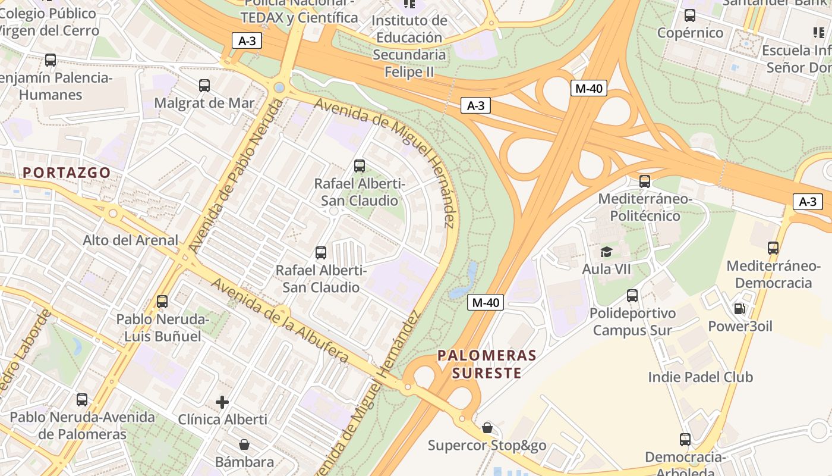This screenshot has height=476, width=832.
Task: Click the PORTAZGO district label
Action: click(x=67, y=173)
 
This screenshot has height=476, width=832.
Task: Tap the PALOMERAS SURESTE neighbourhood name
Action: click(x=487, y=364)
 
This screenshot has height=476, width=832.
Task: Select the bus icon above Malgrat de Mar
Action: click(x=204, y=85)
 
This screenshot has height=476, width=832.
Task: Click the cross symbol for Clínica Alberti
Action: click(x=222, y=402)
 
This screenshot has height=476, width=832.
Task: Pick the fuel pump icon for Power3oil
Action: click(x=740, y=309)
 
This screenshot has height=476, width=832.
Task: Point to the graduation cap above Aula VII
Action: click(x=606, y=252)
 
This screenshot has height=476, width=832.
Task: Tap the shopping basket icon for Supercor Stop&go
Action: click(x=487, y=428)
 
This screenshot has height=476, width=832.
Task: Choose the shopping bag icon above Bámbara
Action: click(x=244, y=444)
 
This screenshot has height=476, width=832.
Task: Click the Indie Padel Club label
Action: click(x=700, y=377)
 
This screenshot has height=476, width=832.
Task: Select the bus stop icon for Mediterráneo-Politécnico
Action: click(x=645, y=181)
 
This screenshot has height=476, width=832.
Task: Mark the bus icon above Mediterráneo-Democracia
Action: click(x=773, y=248)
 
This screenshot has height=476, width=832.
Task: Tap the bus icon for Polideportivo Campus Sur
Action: click(x=632, y=296)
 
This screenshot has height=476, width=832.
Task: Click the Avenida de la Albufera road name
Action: click(x=279, y=320)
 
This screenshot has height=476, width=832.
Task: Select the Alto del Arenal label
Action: click(x=130, y=240)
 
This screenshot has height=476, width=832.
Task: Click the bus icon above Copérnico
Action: click(x=690, y=15)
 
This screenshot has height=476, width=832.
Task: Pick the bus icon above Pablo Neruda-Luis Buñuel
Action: click(x=162, y=302)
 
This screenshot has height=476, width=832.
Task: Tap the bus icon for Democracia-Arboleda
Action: click(x=685, y=440)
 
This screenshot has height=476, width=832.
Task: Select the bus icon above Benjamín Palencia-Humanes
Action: click(x=51, y=60)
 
